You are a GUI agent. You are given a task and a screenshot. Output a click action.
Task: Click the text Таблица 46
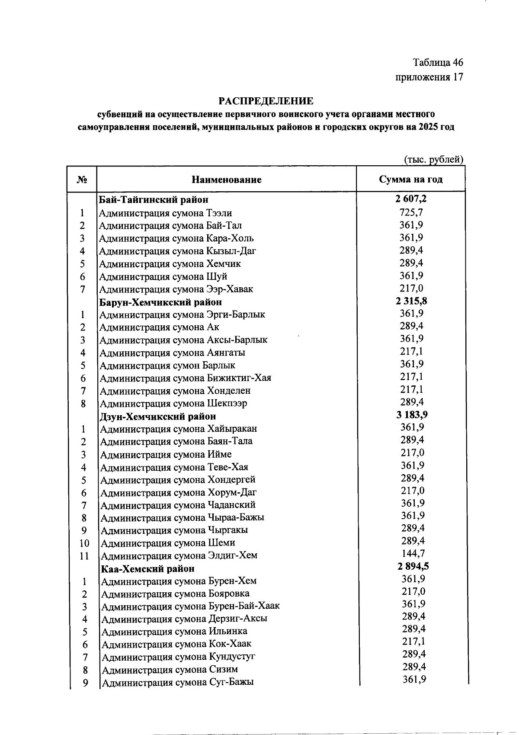(x=438, y=63)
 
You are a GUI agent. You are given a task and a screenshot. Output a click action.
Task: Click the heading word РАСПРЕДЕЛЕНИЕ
(x=266, y=101)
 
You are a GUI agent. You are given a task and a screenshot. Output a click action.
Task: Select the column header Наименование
(x=227, y=180)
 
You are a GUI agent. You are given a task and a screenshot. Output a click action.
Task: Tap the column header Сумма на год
(x=410, y=179)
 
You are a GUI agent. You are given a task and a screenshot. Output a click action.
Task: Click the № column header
(x=82, y=180)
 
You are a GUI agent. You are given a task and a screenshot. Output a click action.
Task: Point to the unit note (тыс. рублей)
(x=433, y=159)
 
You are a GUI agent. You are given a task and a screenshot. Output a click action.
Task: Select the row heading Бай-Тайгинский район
(x=154, y=200)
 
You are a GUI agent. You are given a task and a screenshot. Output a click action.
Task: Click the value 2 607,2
(x=411, y=199)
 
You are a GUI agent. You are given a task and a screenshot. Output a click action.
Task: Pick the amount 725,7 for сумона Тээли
(x=411, y=212)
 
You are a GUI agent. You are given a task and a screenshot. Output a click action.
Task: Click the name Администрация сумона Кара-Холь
(x=176, y=238)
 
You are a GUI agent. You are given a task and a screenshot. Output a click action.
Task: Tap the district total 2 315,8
(x=411, y=301)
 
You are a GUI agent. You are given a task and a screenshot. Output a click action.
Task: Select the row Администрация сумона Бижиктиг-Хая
(x=186, y=378)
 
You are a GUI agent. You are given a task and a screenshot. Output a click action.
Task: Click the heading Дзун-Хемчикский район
(x=158, y=417)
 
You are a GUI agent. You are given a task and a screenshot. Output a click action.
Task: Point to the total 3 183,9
(x=412, y=415)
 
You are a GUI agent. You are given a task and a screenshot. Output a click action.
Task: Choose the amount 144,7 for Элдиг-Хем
(x=413, y=554)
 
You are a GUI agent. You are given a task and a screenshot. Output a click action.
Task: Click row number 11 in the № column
(x=84, y=556)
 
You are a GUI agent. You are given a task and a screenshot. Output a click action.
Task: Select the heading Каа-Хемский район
(x=147, y=569)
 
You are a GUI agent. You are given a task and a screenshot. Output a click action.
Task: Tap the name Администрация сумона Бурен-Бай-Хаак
(x=190, y=606)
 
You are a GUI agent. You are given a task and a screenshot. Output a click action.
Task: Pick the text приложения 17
(x=429, y=77)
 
